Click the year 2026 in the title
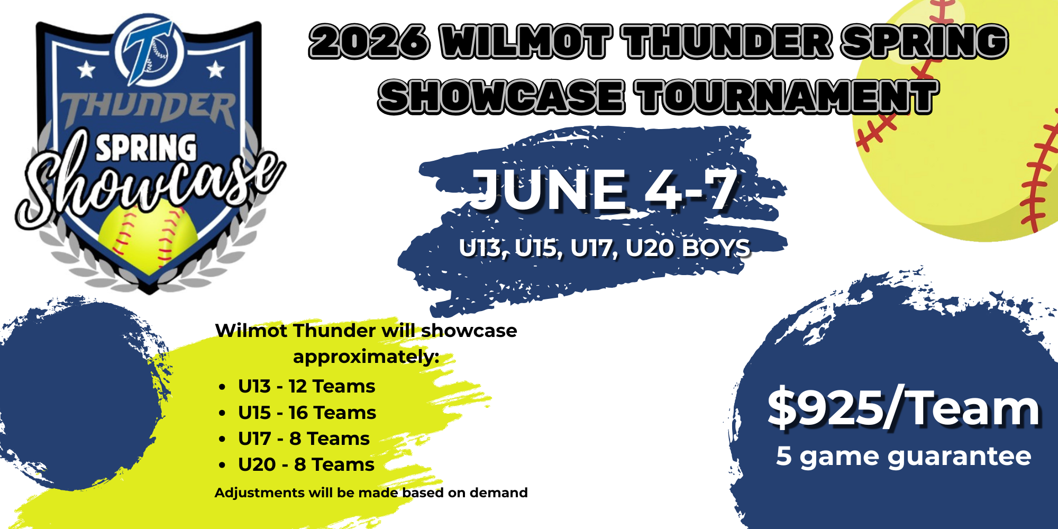(x=369, y=41)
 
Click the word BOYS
(x=716, y=248)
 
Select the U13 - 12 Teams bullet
(x=306, y=386)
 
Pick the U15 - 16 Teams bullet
(x=307, y=413)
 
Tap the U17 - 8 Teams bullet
(x=304, y=439)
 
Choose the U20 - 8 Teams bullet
(x=306, y=464)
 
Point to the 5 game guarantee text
(x=904, y=457)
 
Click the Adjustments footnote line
(x=371, y=492)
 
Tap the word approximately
(x=366, y=357)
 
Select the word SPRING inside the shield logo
(x=146, y=148)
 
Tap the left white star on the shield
(x=86, y=69)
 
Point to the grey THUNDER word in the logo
(x=148, y=110)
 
